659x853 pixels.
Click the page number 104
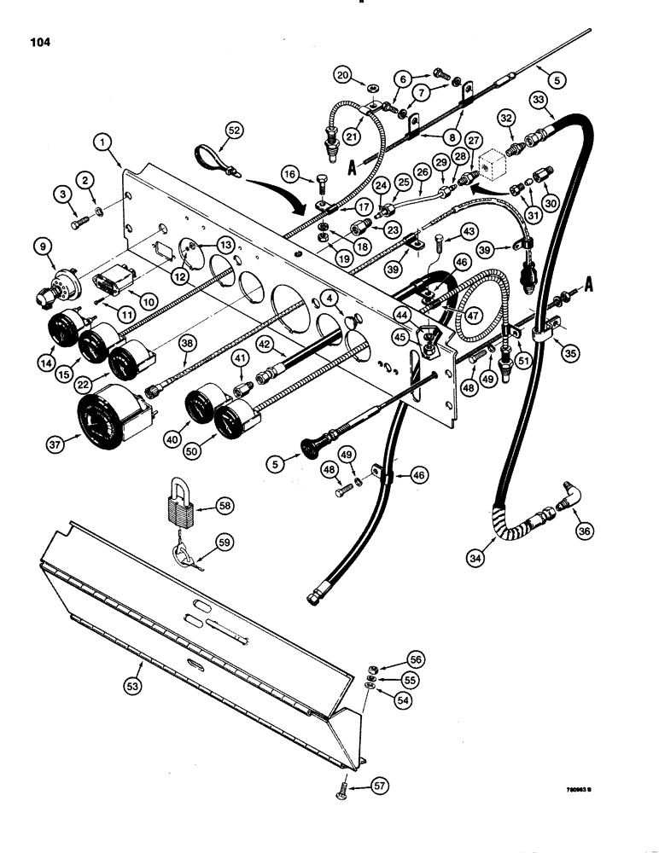point(38,39)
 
